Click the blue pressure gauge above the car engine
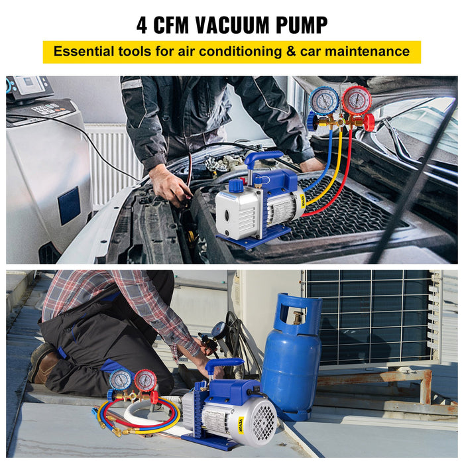323,101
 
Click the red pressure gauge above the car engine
357,101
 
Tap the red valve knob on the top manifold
368,123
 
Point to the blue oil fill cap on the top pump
236,186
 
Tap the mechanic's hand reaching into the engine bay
170,185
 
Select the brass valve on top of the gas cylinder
298,318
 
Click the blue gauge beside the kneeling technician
121,380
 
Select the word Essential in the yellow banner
88,51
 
